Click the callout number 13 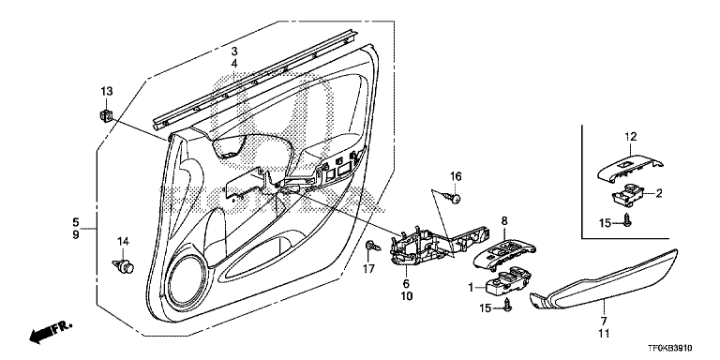(x=107, y=92)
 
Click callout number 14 (x=123, y=241)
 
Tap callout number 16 (x=455, y=176)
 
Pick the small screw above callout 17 (x=373, y=246)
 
